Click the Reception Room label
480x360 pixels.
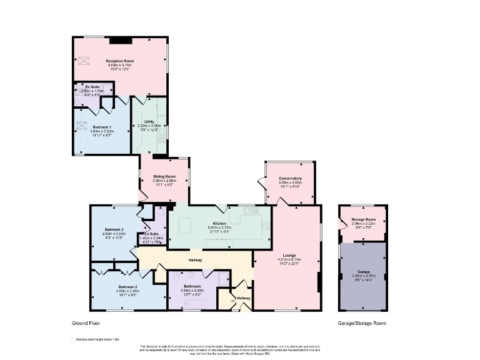pyautogui.click(x=120, y=61)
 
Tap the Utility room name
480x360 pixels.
pyautogui.click(x=149, y=121)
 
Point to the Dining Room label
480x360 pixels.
pyautogui.click(x=164, y=177)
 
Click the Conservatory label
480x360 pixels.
pyautogui.click(x=290, y=179)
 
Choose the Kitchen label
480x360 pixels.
pyautogui.click(x=219, y=223)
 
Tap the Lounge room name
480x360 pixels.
pyautogui.click(x=289, y=254)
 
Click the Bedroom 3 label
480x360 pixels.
pyautogui.click(x=114, y=229)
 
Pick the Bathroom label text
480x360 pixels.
pyautogui.click(x=192, y=286)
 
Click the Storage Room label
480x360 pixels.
pyautogui.click(x=363, y=219)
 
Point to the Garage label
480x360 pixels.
pyautogui.click(x=363, y=271)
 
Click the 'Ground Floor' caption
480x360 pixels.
pyautogui.click(x=86, y=323)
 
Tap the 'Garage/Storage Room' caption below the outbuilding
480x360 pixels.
pyautogui.click(x=362, y=323)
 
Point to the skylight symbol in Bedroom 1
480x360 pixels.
pyautogui.click(x=81, y=125)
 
